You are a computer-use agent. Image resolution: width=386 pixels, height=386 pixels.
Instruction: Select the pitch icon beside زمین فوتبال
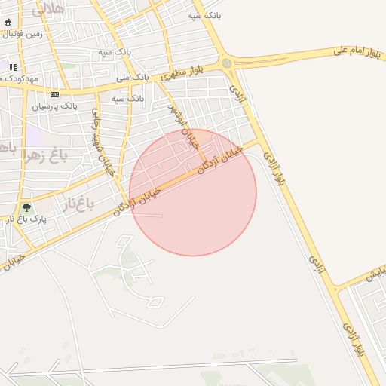point(8,23)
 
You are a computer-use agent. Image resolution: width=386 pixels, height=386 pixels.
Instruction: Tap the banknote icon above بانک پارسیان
point(54,94)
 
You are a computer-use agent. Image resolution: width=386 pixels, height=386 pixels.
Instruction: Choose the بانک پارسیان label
point(54,106)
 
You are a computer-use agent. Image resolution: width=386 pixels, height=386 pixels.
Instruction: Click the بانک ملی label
point(132,77)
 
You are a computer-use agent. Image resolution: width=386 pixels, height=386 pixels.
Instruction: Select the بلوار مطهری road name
point(182,73)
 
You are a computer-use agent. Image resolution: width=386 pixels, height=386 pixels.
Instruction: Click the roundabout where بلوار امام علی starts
point(226,63)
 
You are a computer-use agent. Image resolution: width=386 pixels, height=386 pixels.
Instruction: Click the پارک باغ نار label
point(28,219)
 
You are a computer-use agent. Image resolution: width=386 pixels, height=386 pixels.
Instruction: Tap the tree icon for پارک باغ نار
point(27,207)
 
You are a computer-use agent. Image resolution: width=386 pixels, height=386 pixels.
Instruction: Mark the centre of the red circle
point(193,192)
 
